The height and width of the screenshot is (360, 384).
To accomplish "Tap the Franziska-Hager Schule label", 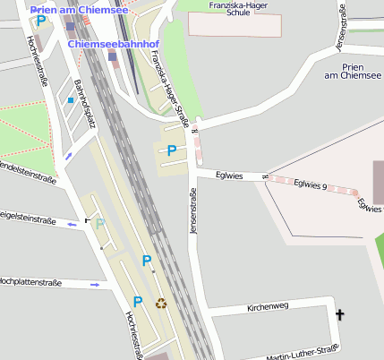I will pyautogui.click(x=226, y=9).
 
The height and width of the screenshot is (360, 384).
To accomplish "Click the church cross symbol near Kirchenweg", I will pyautogui.click(x=339, y=314).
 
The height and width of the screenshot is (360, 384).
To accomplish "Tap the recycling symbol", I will pyautogui.click(x=161, y=303).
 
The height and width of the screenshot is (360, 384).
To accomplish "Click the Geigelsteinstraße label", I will pyautogui.click(x=27, y=218).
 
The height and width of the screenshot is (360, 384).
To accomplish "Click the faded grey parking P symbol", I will pyautogui.click(x=100, y=224).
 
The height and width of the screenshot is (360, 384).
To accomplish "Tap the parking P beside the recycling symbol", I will pyautogui.click(x=138, y=302).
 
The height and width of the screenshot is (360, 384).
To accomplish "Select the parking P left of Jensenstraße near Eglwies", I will pyautogui.click(x=171, y=150).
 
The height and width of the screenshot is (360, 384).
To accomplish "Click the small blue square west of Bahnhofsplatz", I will pyautogui.click(x=70, y=100).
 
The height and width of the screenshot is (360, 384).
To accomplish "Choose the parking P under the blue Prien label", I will pyautogui.click(x=40, y=21).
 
